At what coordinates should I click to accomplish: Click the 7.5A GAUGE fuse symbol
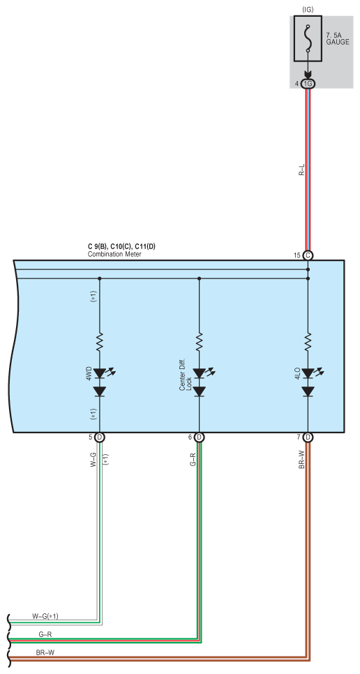point(308,39)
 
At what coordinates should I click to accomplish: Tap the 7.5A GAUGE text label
point(338,39)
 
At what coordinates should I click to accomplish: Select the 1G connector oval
point(308,84)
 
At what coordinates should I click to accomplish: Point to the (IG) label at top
point(308,8)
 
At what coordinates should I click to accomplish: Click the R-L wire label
point(302,170)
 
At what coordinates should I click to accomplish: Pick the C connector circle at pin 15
point(308,255)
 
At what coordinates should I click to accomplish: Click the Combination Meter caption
point(114,254)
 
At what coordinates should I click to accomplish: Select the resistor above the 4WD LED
point(100,342)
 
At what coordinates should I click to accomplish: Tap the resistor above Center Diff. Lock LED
point(199,342)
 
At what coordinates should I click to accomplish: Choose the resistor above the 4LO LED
point(308,342)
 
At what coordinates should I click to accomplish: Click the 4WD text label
point(89,373)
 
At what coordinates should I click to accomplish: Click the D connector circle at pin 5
point(100,437)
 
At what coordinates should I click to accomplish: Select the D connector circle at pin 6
point(199,437)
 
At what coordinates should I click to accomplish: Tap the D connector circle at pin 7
point(308,437)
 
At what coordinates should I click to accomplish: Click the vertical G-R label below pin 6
point(193,460)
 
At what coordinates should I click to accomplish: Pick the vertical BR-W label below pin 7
point(302,460)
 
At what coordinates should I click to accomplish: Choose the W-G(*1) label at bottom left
point(45,616)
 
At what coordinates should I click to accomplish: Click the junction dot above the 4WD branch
point(100,278)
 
